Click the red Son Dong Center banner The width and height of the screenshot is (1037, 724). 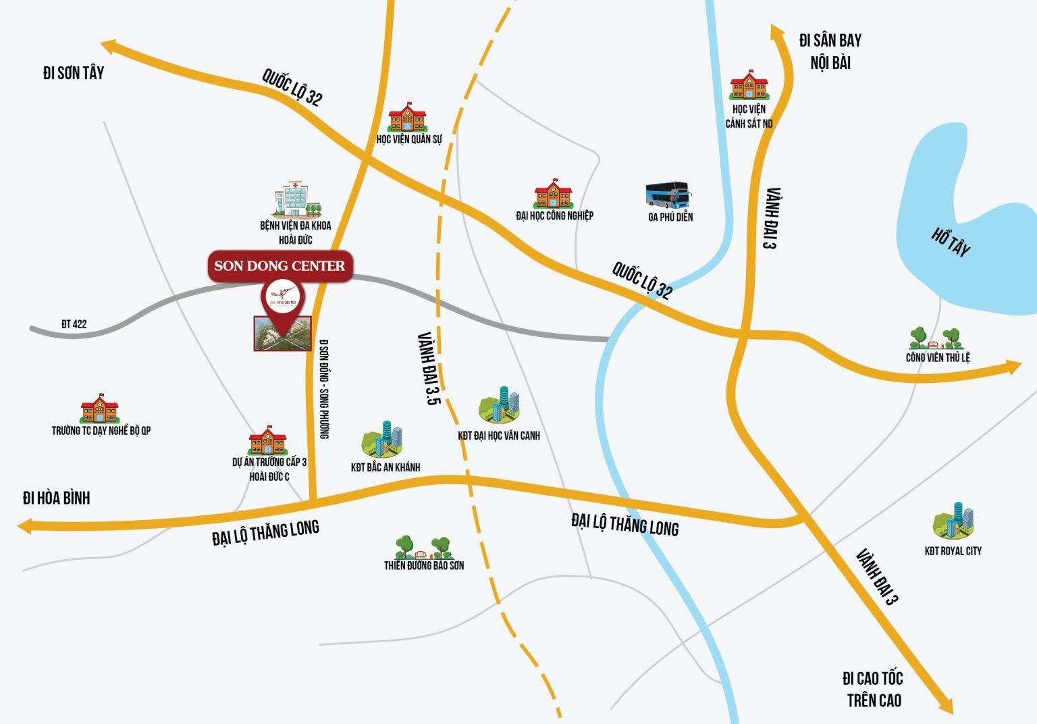pos(280,265)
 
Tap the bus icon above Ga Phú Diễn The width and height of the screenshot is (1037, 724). pos(668,195)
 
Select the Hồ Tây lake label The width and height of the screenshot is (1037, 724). pos(951,242)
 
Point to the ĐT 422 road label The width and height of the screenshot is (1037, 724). pos(74,324)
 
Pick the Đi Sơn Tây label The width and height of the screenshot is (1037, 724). pos(73,73)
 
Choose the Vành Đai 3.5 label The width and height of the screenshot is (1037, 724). pos(428,368)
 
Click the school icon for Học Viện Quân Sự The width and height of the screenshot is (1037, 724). pos(407,118)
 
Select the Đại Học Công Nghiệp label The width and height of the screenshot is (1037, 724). pos(554,215)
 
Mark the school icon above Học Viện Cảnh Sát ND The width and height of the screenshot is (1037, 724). pos(749,86)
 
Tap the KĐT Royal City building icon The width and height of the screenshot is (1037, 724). pos(953,521)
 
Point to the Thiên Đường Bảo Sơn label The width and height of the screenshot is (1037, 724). pos(424,565)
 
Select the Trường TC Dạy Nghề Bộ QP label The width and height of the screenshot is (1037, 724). pos(101,430)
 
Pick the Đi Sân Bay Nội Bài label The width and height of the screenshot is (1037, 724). pos(830,51)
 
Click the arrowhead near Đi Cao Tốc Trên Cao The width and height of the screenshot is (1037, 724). pos(945,704)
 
